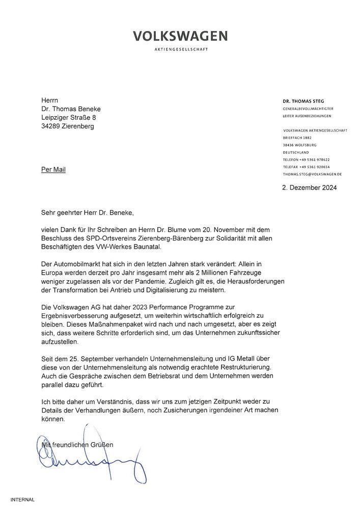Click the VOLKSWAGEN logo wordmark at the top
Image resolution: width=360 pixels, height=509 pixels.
click(180, 36)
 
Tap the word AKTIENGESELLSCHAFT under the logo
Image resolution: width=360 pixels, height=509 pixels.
click(180, 49)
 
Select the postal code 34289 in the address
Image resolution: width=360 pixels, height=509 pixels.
click(52, 126)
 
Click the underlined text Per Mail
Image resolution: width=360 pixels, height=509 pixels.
click(53, 169)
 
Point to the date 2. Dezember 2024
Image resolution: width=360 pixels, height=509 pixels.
click(309, 187)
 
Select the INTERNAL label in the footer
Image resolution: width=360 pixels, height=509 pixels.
click(22, 500)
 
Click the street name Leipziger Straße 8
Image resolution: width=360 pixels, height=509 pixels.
click(72, 118)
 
